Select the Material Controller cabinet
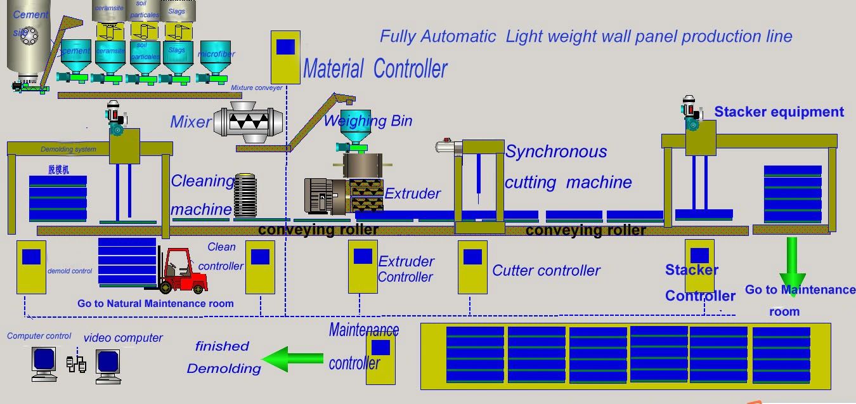pyautogui.click(x=285, y=57)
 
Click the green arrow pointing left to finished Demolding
pyautogui.click(x=292, y=359)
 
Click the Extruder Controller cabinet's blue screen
pyautogui.click(x=363, y=256)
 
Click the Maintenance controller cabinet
pyautogui.click(x=380, y=358)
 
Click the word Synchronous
pyautogui.click(x=556, y=152)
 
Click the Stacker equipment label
pyautogui.click(x=779, y=112)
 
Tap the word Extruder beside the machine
pyautogui.click(x=412, y=193)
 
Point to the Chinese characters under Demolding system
pyautogui.click(x=58, y=170)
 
